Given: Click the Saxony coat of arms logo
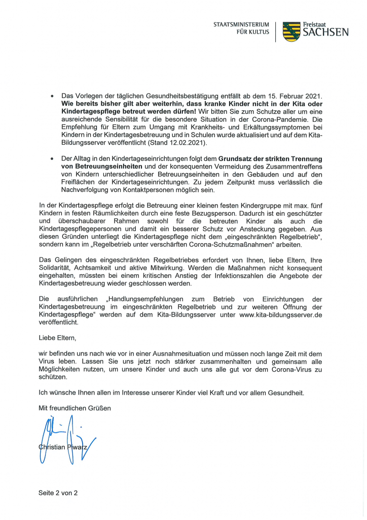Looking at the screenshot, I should pos(291,31).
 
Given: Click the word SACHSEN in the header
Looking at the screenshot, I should pos(326,33).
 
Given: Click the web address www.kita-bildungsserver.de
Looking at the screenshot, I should pos(281,315).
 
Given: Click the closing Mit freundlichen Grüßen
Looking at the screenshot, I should pos(75,408).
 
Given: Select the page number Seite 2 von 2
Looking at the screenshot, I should pos(59,493).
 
